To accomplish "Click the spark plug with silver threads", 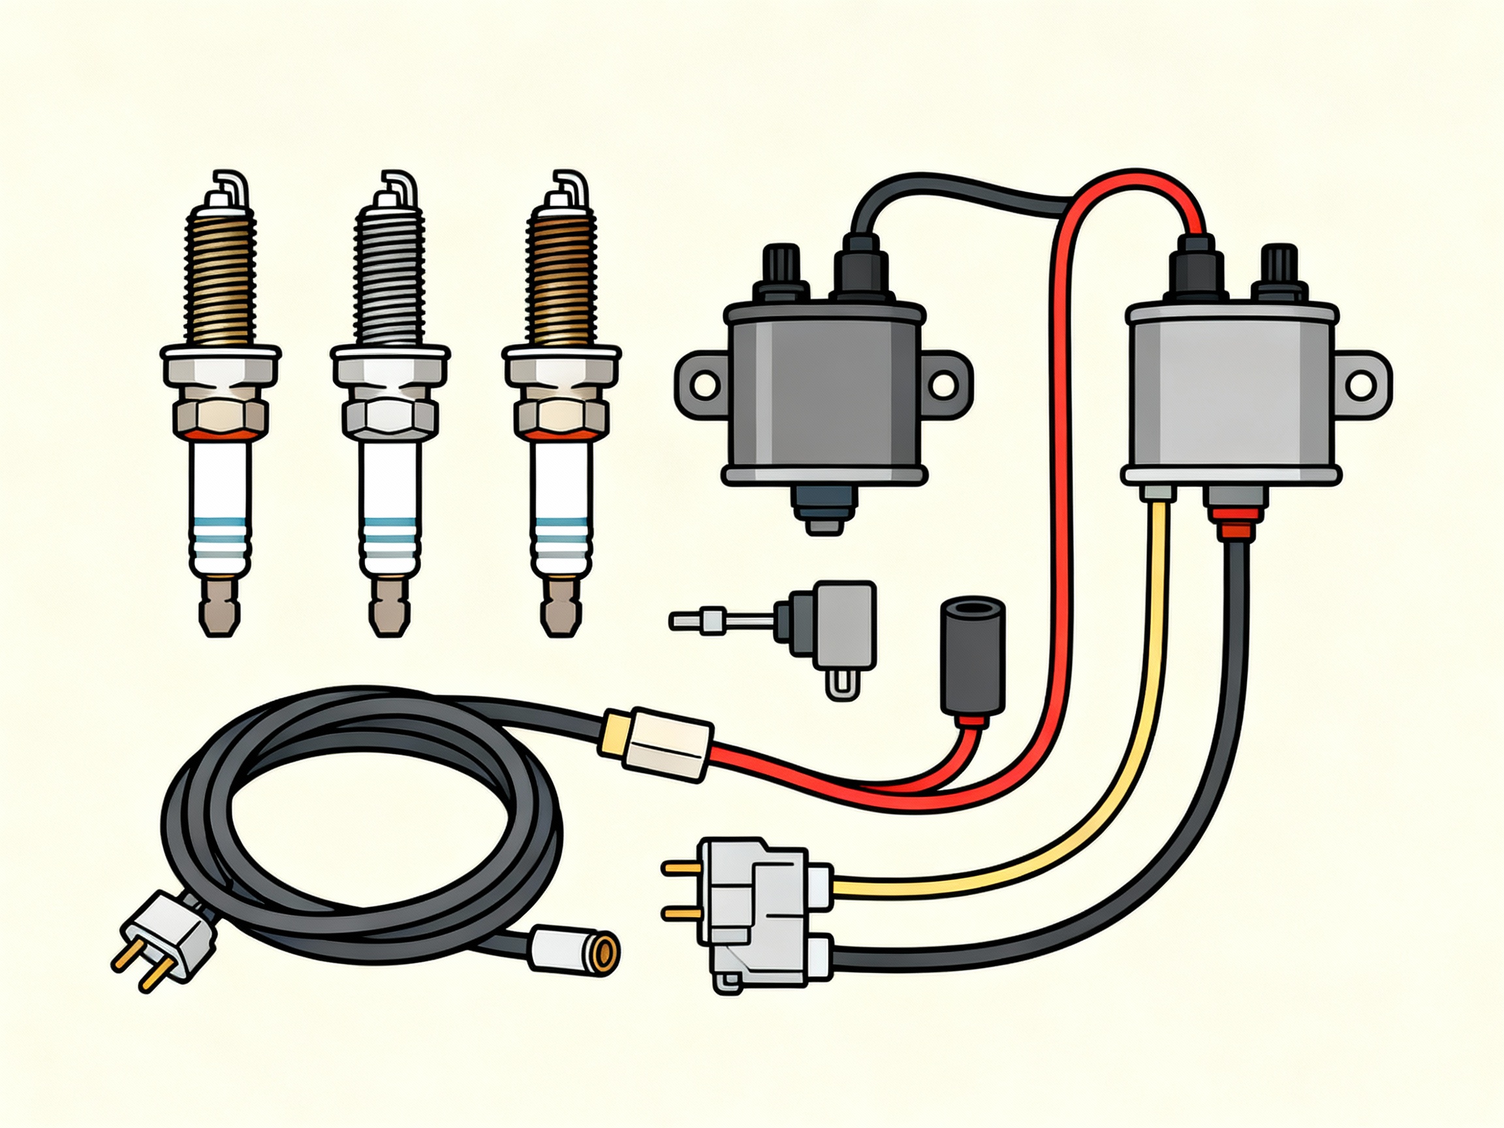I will point(390,381).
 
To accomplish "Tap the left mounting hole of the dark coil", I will point(703,384).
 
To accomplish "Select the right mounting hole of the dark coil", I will point(943,384).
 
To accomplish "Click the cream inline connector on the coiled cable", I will point(658,742).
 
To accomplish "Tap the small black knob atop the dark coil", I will point(784,271).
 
